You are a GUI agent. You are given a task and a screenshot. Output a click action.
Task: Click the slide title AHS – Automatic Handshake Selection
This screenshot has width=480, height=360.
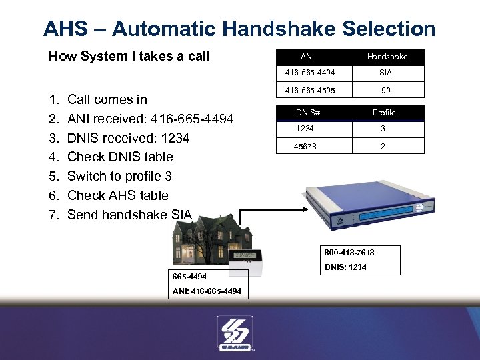pos(239,29)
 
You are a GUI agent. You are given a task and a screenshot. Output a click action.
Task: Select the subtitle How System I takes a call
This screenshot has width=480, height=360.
pos(129,57)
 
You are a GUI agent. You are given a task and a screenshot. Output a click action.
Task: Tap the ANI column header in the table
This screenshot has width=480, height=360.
pos(307,57)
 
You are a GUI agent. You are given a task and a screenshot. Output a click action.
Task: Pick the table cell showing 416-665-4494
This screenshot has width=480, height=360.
pos(307,73)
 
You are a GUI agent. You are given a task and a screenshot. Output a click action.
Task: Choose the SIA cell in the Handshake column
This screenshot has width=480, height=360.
pos(386,73)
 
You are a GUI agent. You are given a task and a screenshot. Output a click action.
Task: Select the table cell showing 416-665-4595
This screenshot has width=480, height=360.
pos(307,90)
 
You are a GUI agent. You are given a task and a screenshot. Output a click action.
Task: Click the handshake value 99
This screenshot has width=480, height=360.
pos(386,90)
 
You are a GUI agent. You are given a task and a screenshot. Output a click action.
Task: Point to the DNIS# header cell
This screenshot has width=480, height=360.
pos(307,113)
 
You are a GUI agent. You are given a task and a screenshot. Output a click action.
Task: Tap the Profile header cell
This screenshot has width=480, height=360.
pos(384,113)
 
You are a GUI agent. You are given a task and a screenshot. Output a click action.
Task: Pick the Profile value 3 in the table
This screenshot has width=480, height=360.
pos(383,129)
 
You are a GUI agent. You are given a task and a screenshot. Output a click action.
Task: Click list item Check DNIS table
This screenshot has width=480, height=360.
pos(120,157)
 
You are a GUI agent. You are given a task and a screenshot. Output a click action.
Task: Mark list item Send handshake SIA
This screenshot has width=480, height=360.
pos(129,215)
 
